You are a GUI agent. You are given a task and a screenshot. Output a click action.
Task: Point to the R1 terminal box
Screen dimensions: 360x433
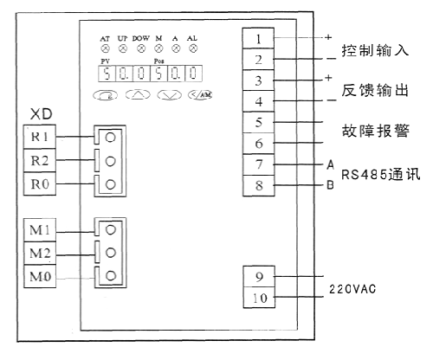[x=42, y=137]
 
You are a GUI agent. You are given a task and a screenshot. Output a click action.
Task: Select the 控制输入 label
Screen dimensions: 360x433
[x=374, y=49]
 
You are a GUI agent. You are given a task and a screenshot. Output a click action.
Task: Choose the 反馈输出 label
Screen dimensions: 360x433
[x=374, y=90]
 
